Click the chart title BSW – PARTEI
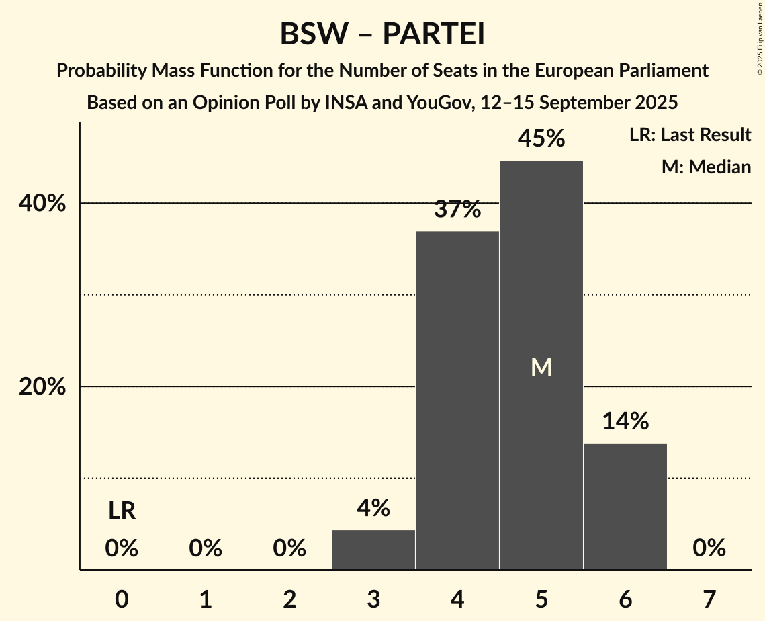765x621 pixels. click(x=382, y=34)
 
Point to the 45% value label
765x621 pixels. click(x=541, y=139)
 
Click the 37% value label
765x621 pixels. click(x=457, y=210)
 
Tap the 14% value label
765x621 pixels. click(x=625, y=421)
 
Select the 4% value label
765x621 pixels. click(x=373, y=508)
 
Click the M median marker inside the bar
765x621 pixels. click(x=541, y=367)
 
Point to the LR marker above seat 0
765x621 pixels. click(x=122, y=511)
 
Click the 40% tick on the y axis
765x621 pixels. click(x=42, y=203)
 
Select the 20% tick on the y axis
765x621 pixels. click(x=42, y=387)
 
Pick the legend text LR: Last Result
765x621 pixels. click(x=690, y=135)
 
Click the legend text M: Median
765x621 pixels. click(x=706, y=167)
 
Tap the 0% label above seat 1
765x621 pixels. click(x=206, y=548)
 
